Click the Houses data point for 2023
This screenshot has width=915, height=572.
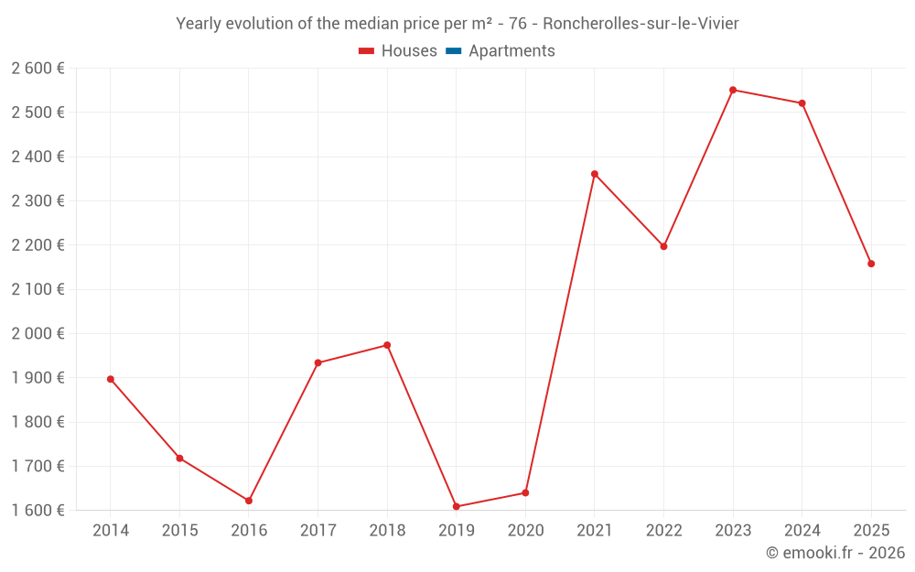(x=733, y=90)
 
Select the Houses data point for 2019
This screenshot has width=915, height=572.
(x=456, y=506)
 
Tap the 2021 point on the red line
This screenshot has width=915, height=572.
(x=595, y=174)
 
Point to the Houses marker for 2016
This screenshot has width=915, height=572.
(x=249, y=501)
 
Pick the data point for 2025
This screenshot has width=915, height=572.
(x=871, y=264)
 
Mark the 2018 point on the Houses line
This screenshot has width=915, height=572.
(x=387, y=345)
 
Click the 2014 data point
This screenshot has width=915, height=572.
(x=111, y=379)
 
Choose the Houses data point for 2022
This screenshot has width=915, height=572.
(x=663, y=246)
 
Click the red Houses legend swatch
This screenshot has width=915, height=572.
(x=366, y=51)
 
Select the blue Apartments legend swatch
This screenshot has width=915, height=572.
(x=454, y=51)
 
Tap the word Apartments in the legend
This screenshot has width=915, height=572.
(x=511, y=51)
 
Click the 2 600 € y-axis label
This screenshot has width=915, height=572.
(x=38, y=69)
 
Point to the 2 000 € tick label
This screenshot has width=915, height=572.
(x=38, y=334)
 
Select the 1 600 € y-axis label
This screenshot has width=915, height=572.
(x=38, y=511)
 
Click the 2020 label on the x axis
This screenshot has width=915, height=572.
(x=525, y=531)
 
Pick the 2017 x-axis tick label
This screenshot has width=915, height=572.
(x=318, y=531)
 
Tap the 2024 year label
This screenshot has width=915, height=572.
(x=802, y=531)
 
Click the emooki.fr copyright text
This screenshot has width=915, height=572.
(x=835, y=553)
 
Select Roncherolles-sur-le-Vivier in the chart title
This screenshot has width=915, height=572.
(x=640, y=24)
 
